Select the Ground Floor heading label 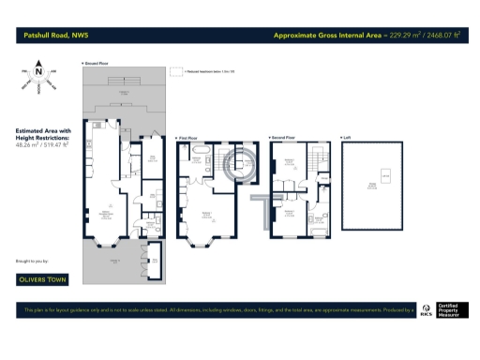[97, 63]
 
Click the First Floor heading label [190, 138]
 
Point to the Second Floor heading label [287, 138]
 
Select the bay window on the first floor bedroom [198, 242]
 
